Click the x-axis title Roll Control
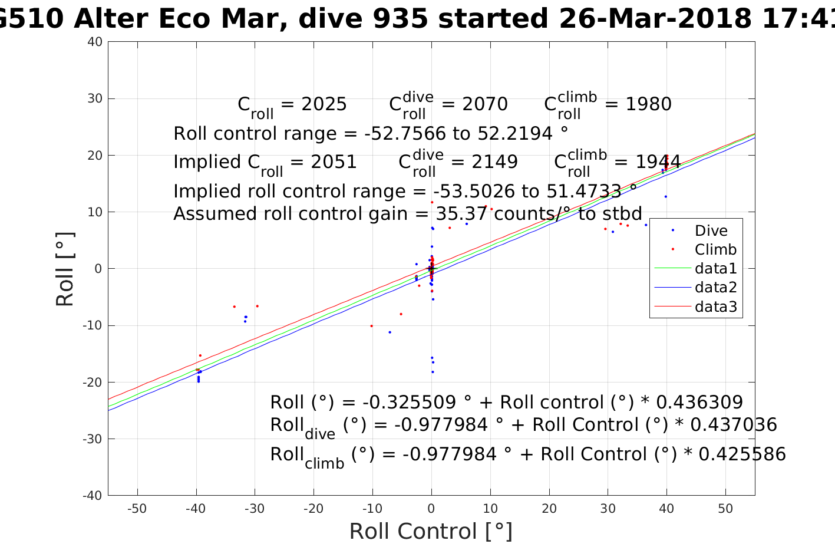point(431,531)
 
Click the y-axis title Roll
point(65,269)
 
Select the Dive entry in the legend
point(711,230)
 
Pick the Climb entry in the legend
point(715,249)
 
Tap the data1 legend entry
point(715,268)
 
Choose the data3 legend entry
point(715,306)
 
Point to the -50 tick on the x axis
point(137,509)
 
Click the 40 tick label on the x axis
point(666,509)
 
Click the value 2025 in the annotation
point(324,104)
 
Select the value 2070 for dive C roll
point(485,104)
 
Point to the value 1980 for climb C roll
point(648,104)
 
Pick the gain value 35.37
point(461,213)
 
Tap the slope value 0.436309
point(699,403)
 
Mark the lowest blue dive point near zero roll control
point(433,372)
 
